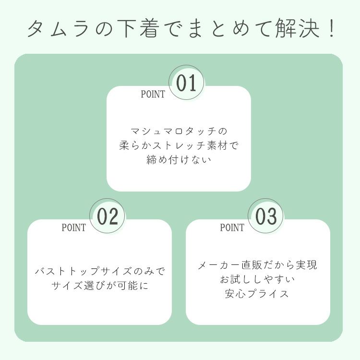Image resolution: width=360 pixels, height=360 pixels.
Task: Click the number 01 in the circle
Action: [187, 83]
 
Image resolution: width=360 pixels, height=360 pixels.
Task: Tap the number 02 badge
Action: [108, 216]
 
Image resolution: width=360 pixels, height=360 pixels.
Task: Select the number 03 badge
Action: [266, 216]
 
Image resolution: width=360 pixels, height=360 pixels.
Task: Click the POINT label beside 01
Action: [153, 95]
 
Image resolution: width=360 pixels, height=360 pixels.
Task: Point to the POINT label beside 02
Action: [73, 228]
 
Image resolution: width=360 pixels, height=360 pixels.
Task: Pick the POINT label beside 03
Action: [232, 228]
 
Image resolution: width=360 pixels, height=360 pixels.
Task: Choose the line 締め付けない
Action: [179, 160]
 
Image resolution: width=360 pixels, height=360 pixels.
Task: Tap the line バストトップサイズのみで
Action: [99, 272]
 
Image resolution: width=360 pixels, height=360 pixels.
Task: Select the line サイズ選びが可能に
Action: [99, 286]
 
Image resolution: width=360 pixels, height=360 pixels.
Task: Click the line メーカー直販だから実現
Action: [258, 265]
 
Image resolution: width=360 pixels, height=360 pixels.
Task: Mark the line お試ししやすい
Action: [258, 279]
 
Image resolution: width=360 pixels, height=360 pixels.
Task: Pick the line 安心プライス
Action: [258, 294]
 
